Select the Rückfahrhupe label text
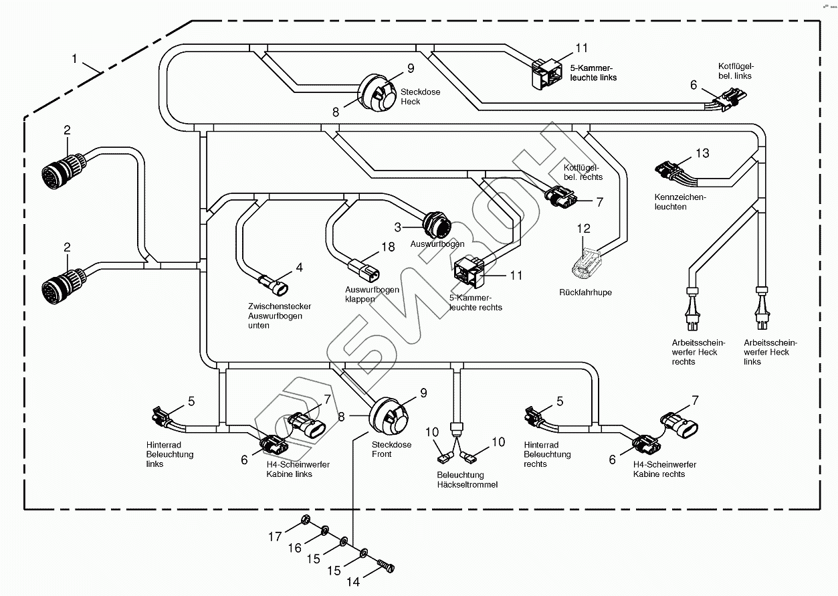pos(585,292)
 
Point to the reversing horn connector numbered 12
pos(587,262)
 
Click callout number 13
pos(702,153)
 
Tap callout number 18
pos(389,247)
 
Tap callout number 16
pos(295,549)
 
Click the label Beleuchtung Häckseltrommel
pos(467,480)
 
